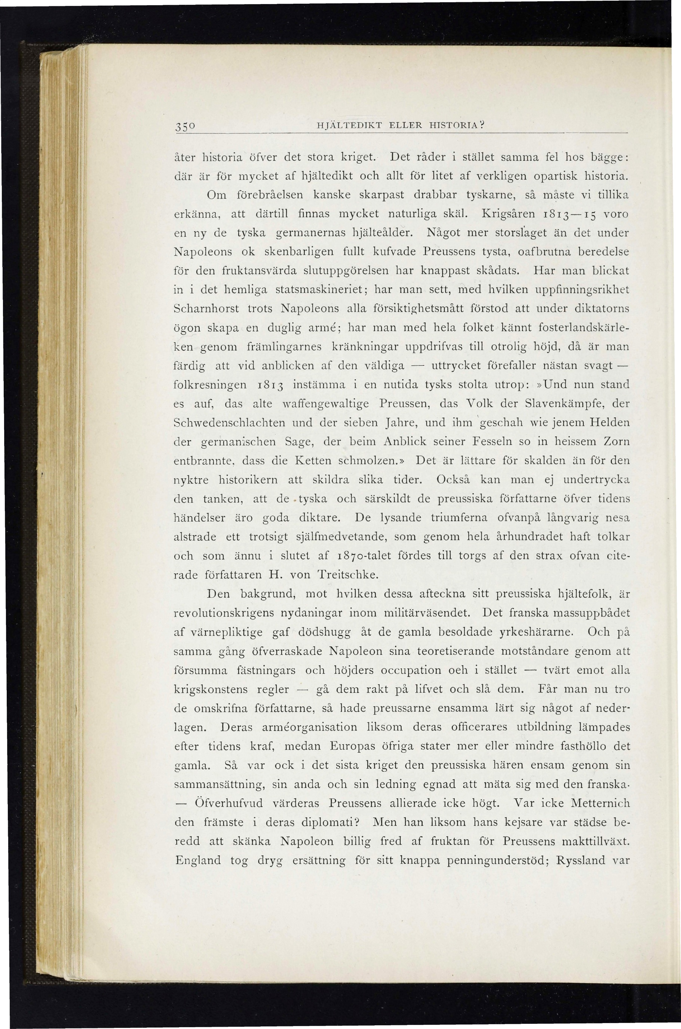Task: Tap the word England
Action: [x=198, y=860]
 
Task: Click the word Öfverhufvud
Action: [x=228, y=803]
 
